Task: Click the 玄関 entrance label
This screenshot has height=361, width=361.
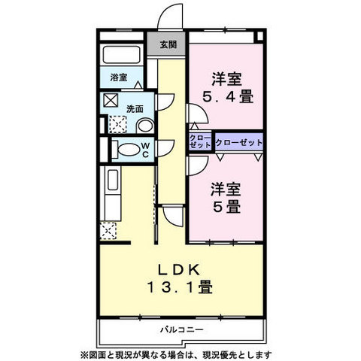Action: [x=168, y=44]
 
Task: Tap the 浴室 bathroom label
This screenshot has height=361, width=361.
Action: [x=119, y=77]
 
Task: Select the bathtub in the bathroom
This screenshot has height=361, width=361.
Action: [x=121, y=55]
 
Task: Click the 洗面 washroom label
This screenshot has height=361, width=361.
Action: [x=135, y=109]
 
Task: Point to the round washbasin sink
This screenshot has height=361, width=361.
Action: [x=146, y=126]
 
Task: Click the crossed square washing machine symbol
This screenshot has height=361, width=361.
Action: [x=111, y=100]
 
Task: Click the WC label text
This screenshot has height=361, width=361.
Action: [x=145, y=150]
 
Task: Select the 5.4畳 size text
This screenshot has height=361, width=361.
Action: [x=228, y=97]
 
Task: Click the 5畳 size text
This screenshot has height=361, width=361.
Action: [x=226, y=207]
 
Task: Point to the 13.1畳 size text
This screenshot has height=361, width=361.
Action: [x=180, y=287]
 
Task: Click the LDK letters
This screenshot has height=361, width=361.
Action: [x=179, y=270]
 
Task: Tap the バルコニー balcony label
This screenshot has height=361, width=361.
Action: [x=181, y=329]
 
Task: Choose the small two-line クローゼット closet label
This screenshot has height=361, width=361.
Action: [x=200, y=141]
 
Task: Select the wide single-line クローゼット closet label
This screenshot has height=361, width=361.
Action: [x=238, y=143]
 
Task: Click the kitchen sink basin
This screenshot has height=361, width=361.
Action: [x=113, y=180]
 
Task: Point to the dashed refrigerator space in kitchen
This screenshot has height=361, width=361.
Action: [x=108, y=231]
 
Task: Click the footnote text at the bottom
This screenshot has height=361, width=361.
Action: [x=176, y=354]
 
